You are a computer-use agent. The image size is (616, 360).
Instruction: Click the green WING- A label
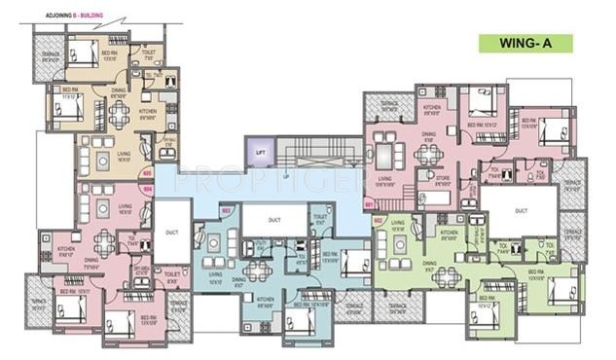(x=525, y=44)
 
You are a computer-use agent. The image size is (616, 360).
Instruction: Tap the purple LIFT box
(x=260, y=153)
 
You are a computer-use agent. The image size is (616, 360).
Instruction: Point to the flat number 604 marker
(x=147, y=189)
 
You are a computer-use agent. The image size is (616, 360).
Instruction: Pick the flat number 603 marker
(x=226, y=209)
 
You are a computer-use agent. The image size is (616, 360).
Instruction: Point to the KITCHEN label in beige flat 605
(x=148, y=111)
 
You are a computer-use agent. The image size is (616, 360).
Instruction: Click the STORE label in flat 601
(x=428, y=178)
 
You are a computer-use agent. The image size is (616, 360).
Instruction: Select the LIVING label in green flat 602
(x=398, y=224)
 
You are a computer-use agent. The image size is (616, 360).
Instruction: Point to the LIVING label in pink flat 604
(x=125, y=207)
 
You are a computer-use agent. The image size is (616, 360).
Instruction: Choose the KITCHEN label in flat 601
(x=432, y=107)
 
